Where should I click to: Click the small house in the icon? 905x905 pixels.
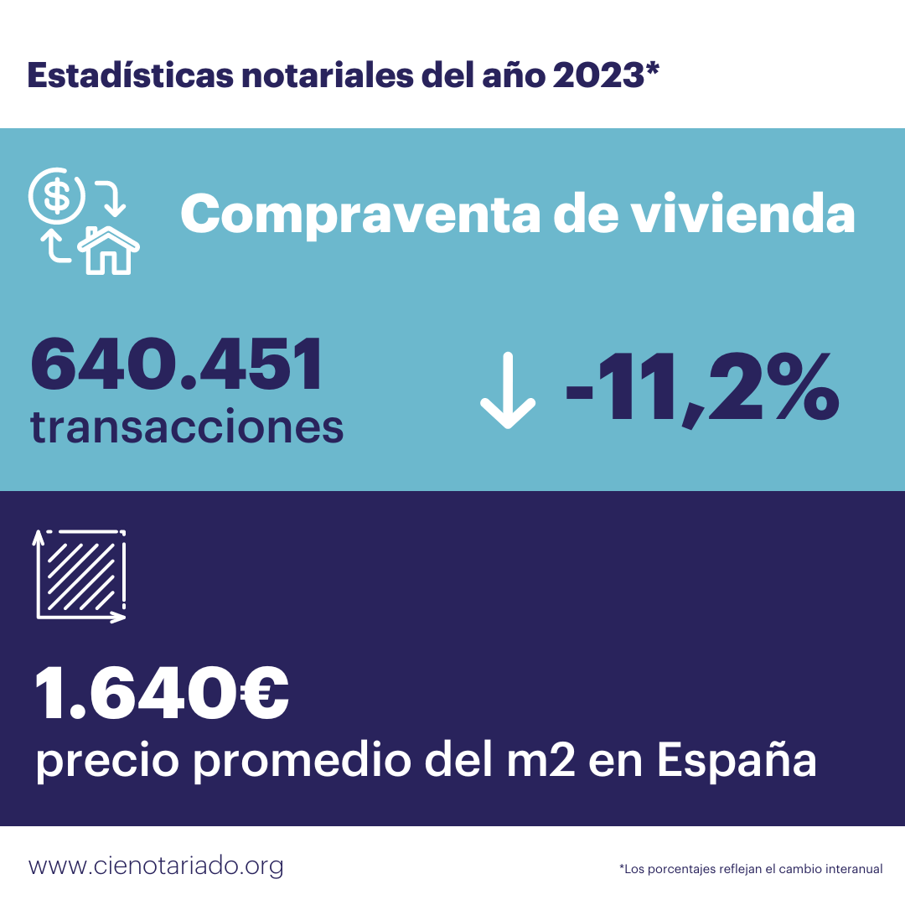point(109,250)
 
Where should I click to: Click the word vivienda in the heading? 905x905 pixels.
point(742,215)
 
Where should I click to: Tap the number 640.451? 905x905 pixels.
point(177,365)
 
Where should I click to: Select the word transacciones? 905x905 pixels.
point(187,427)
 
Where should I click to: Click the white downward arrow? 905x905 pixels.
point(507,390)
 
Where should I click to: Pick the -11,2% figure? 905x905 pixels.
point(701,388)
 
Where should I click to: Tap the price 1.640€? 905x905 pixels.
point(162,695)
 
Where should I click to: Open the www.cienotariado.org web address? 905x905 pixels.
point(156,866)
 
